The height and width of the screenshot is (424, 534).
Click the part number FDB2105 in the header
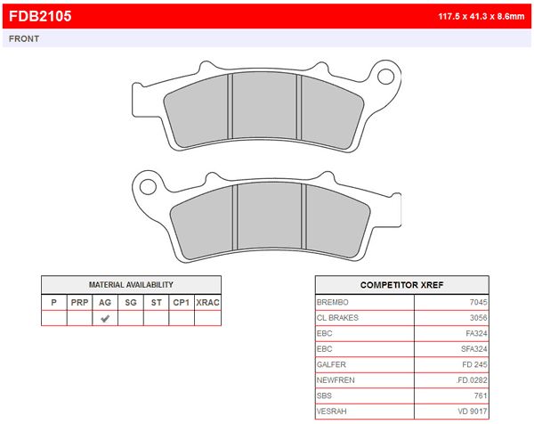[x=40, y=16]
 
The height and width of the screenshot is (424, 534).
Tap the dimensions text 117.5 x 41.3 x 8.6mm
[x=481, y=16]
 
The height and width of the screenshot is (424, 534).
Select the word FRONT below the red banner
[x=24, y=39]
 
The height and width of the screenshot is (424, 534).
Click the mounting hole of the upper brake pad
[x=386, y=77]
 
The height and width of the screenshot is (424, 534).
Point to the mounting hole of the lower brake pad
[x=148, y=187]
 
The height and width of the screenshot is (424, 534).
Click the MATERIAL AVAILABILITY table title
[x=131, y=285]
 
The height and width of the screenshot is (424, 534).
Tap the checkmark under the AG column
[x=105, y=318]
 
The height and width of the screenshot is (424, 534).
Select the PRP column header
[x=79, y=302]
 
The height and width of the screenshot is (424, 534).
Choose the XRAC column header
[x=207, y=302]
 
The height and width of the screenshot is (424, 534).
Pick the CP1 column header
[x=182, y=302]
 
